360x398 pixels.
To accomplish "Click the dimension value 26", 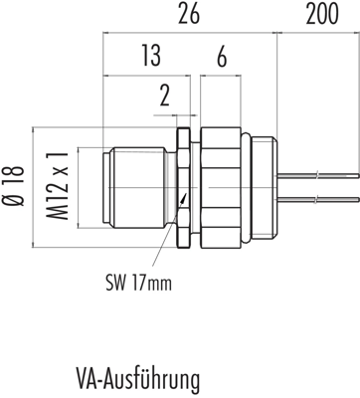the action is (189, 14).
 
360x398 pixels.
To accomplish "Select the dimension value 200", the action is (322, 14).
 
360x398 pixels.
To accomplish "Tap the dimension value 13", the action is (151, 56).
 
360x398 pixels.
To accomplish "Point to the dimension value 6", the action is (222, 57).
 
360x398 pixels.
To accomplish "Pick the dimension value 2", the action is (165, 96).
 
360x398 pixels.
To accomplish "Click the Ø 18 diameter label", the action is (17, 186).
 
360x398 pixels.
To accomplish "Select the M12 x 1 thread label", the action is (57, 186).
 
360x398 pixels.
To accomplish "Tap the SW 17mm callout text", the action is (139, 283).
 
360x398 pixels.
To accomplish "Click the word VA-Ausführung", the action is (138, 379).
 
